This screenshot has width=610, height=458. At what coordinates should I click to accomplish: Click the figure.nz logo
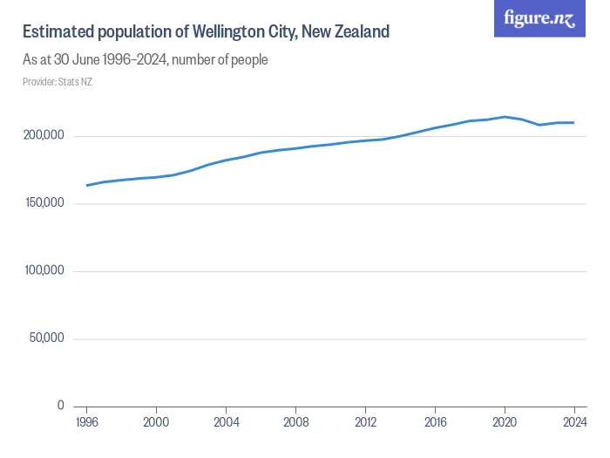540,18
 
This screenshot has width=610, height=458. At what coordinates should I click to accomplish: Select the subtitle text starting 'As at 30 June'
145,60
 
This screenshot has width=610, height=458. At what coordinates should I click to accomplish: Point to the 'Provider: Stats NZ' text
58,82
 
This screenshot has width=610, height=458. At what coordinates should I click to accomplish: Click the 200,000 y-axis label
44,136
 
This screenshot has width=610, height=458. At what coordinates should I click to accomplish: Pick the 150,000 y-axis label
44,203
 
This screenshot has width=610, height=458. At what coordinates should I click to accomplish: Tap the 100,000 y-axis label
44,271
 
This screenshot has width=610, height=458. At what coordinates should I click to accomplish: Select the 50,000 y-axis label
47,338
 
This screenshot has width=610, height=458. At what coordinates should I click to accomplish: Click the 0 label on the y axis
60,406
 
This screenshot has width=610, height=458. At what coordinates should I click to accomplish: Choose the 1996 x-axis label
87,421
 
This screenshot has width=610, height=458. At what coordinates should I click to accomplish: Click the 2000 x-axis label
156,421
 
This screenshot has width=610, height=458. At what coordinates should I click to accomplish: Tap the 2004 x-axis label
226,421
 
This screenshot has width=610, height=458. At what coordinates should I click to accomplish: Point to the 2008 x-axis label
295,421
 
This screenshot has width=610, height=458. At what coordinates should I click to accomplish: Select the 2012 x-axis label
365,421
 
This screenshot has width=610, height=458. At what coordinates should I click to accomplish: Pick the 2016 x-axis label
435,421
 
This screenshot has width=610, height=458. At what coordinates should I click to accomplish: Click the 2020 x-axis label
505,421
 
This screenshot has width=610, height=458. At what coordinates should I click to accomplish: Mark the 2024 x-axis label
573,421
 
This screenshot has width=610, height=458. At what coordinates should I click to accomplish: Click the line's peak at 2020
505,117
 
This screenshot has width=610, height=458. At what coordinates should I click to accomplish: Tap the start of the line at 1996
87,185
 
